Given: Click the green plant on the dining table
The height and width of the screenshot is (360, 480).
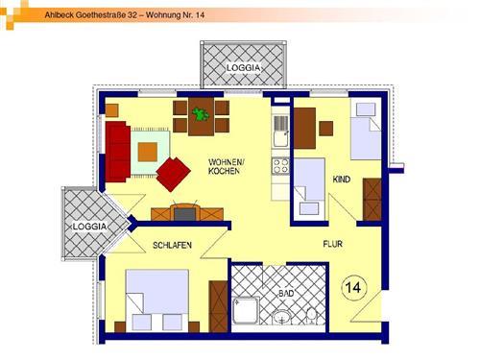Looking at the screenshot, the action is click(201, 114).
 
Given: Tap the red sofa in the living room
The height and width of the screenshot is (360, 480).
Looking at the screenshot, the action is click(118, 152).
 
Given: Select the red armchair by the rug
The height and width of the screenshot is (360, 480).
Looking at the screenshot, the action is click(173, 174).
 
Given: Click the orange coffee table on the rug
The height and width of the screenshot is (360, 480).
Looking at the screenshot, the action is click(148, 152).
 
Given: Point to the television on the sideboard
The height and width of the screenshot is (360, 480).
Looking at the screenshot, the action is click(185, 214).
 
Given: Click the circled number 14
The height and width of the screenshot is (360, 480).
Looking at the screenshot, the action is click(353, 287).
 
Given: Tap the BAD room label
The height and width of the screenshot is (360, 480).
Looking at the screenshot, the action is click(286, 293).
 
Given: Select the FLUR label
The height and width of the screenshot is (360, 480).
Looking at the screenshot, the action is click(333, 244).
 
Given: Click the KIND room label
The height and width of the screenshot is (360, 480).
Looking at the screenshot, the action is click(342, 180).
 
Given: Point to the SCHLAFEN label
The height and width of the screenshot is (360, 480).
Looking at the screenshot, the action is click(172, 246).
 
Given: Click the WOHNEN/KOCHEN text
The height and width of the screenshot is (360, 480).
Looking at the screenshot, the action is click(226, 166).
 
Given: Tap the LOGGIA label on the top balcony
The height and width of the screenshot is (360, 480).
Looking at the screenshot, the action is click(243, 68).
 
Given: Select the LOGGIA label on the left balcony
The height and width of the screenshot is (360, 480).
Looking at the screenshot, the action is click(89, 227).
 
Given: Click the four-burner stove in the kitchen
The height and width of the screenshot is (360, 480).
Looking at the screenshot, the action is click(280, 166).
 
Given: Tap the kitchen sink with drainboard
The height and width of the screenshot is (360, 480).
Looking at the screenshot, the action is click(281, 132).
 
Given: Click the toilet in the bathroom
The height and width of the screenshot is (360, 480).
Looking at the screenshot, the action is click(311, 316).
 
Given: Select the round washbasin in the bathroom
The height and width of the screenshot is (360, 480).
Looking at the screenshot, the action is click(281, 318).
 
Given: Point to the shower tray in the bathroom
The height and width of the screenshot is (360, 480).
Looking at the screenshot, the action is click(246, 310).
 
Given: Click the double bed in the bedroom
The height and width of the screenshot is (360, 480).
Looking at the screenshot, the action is click(157, 300).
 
